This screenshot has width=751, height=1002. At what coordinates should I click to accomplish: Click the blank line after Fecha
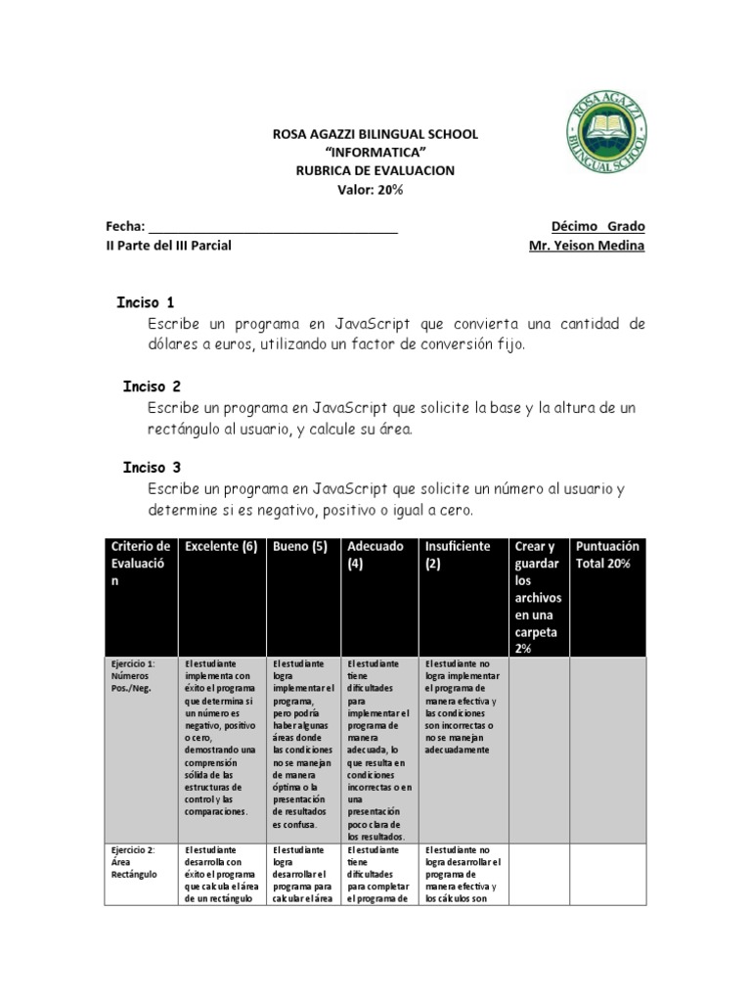click(273, 227)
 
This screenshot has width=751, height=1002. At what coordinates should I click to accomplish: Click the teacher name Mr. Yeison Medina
click(587, 245)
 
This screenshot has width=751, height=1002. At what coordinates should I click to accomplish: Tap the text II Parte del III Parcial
click(168, 245)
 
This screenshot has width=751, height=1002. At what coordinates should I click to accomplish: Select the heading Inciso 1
click(146, 302)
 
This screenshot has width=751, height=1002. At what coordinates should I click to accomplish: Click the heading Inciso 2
click(152, 387)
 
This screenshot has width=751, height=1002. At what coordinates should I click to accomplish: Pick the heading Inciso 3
click(152, 468)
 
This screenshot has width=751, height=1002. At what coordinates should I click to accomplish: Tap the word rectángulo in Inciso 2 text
click(188, 428)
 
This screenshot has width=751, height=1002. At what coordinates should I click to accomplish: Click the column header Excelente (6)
click(220, 547)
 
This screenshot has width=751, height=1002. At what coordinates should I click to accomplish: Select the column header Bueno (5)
click(300, 547)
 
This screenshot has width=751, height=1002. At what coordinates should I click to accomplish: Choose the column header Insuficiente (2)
click(458, 555)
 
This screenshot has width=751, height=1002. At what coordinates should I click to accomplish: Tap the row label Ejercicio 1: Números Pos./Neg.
click(134, 675)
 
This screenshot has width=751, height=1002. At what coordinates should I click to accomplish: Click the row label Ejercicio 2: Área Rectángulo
click(134, 861)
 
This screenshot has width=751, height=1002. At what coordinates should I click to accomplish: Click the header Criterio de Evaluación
click(141, 563)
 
